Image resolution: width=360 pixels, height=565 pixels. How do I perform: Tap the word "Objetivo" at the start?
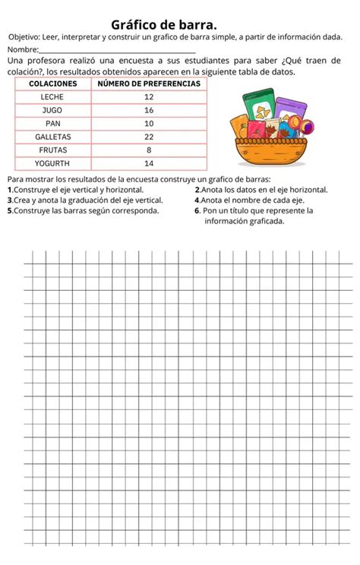pyautogui.click(x=25, y=37)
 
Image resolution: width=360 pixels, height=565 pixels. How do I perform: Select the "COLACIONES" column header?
pyautogui.click(x=52, y=84)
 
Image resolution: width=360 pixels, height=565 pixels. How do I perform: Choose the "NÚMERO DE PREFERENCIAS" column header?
pyautogui.click(x=149, y=84)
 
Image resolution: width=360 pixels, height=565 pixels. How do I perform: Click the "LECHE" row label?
pyautogui.click(x=52, y=97)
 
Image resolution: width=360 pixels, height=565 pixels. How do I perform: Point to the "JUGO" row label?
pyautogui.click(x=52, y=110)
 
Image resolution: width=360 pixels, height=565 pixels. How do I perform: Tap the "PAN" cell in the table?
pyautogui.click(x=52, y=123)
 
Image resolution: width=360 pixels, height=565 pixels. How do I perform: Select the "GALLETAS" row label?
pyautogui.click(x=52, y=137)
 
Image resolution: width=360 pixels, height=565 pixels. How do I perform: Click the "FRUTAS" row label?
pyautogui.click(x=52, y=150)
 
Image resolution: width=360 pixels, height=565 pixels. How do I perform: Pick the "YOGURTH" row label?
pyautogui.click(x=52, y=163)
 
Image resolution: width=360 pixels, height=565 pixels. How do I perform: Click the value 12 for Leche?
pyautogui.click(x=149, y=97)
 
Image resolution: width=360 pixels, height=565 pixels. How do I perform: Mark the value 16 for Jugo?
pyautogui.click(x=149, y=110)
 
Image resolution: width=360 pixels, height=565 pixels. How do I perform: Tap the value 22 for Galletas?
pyautogui.click(x=149, y=137)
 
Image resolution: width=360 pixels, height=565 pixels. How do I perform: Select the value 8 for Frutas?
pyautogui.click(x=149, y=150)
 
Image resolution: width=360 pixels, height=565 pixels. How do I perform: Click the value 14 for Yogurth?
pyautogui.click(x=149, y=163)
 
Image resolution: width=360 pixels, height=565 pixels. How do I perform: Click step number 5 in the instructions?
pyautogui.click(x=10, y=210)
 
